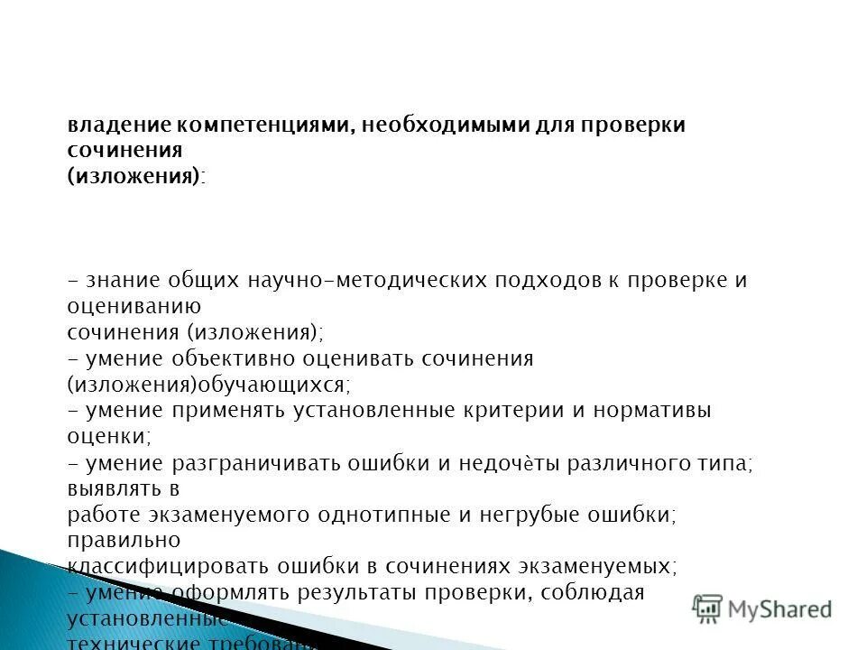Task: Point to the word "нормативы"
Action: pos(650,411)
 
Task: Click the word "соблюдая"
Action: pos(595,593)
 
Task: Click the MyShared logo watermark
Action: pos(763,609)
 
